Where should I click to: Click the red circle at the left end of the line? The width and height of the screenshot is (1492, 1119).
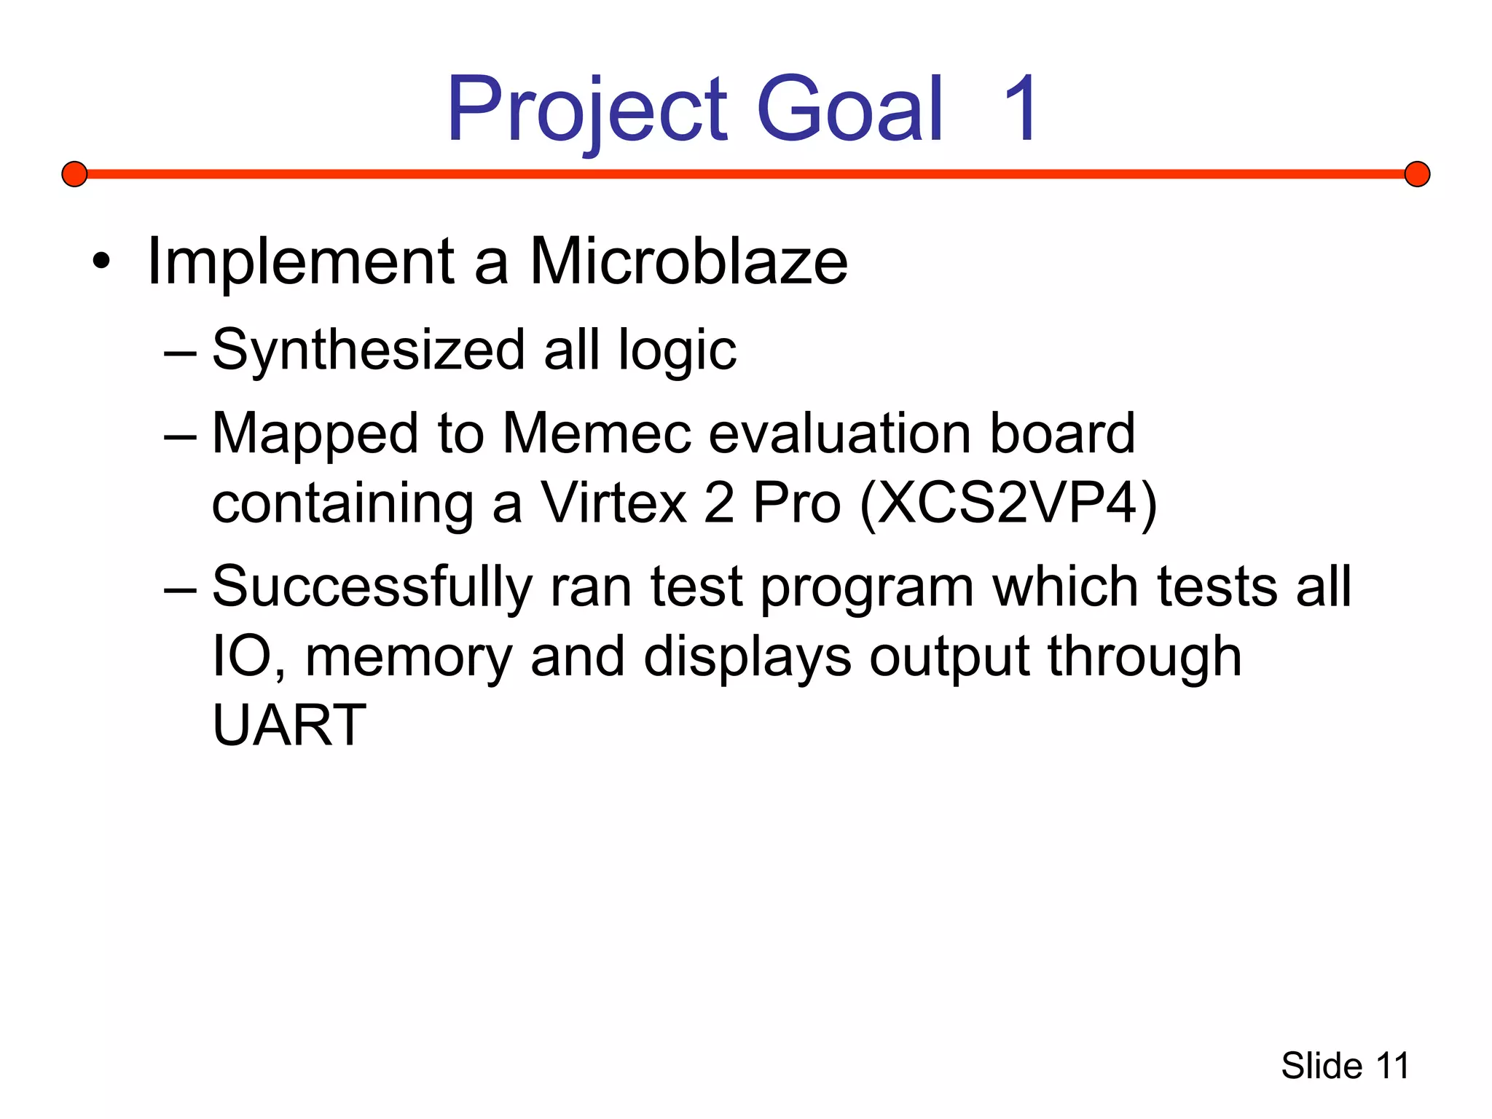point(74,174)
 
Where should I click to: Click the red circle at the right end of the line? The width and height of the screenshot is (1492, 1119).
point(1417,174)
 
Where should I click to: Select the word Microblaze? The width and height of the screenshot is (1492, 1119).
point(688,262)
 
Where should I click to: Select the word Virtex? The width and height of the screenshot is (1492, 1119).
point(613,503)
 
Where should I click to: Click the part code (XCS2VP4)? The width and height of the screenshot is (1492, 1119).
point(1008,503)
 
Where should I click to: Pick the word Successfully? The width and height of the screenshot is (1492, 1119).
point(372,587)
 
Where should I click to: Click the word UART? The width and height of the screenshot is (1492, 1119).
point(289,726)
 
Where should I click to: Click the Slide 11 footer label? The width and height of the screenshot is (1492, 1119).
point(1345,1066)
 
